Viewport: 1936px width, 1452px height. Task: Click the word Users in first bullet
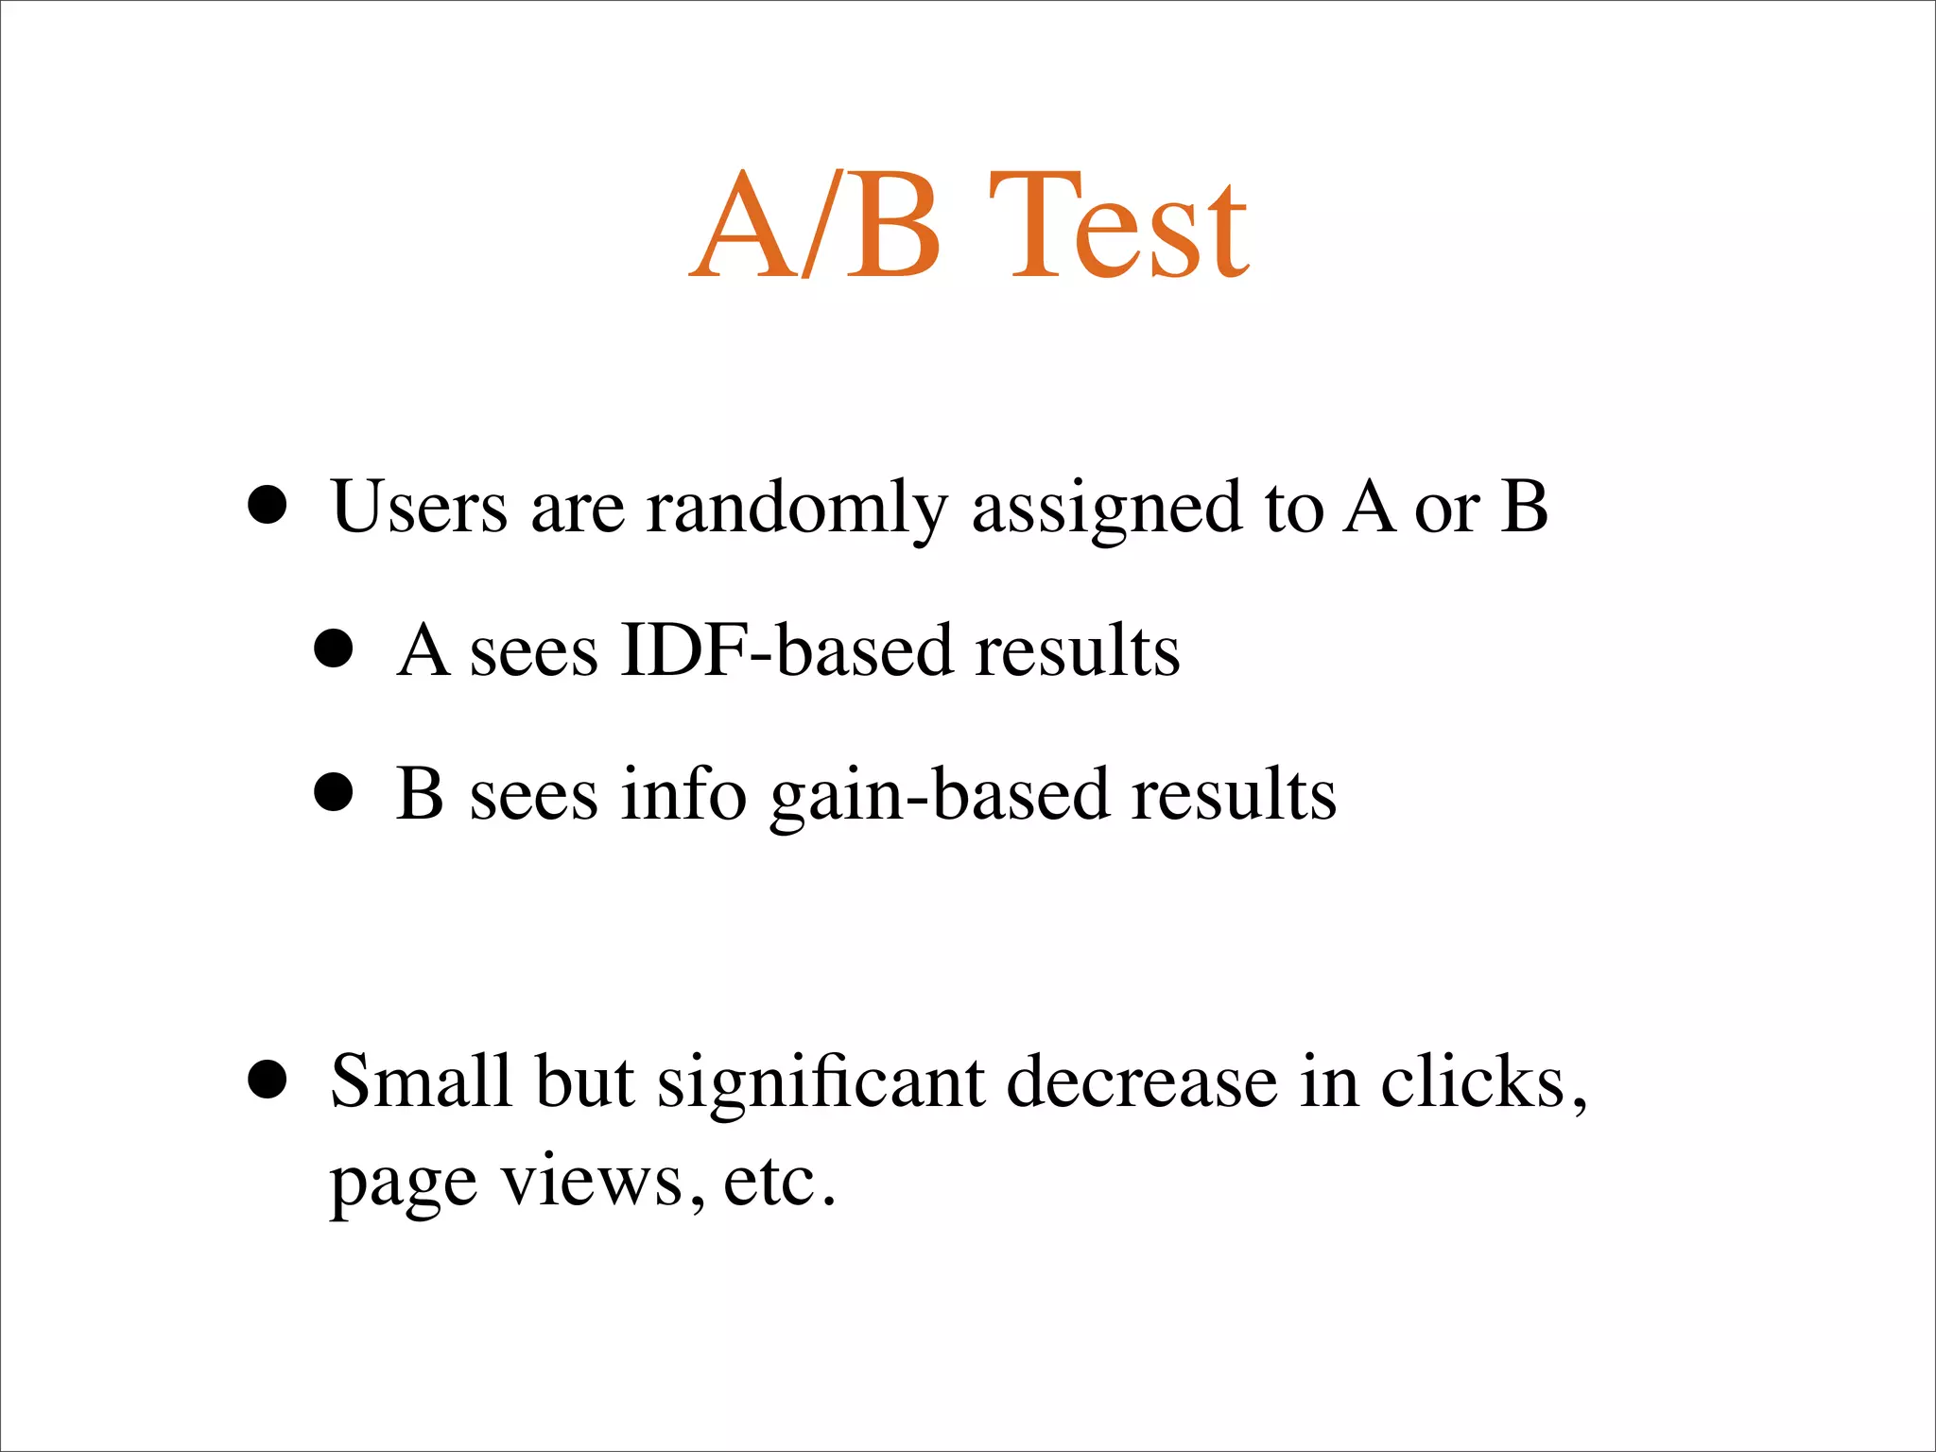click(x=420, y=508)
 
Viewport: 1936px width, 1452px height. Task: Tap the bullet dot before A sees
click(x=333, y=650)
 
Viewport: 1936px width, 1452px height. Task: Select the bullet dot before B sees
click(x=333, y=794)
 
